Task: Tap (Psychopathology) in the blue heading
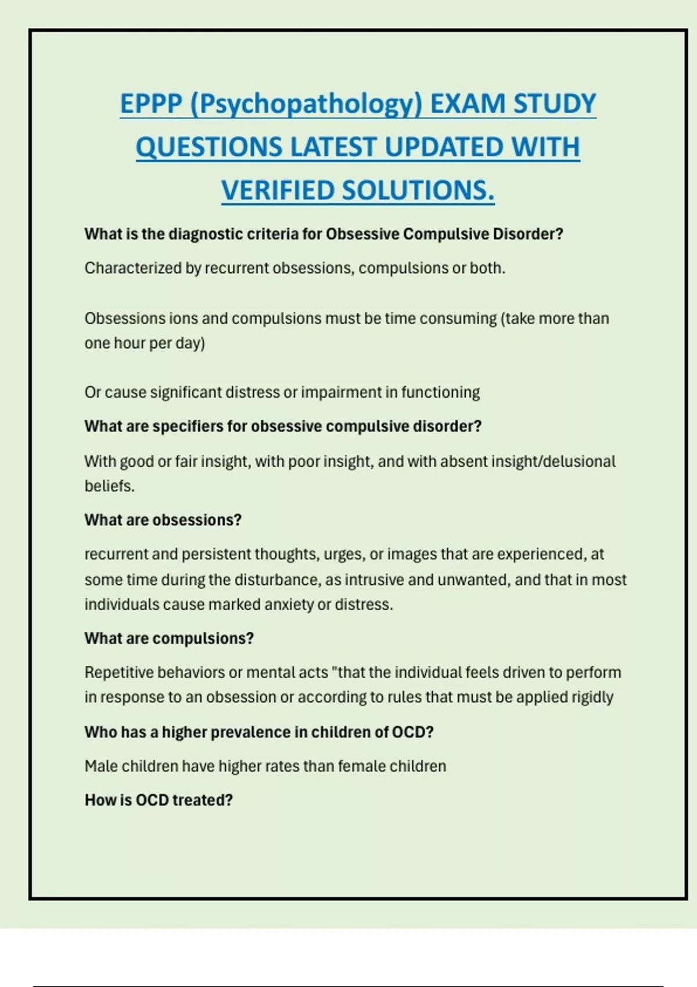point(306,105)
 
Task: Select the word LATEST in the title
point(333,147)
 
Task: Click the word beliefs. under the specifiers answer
point(109,486)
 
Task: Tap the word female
point(361,766)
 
